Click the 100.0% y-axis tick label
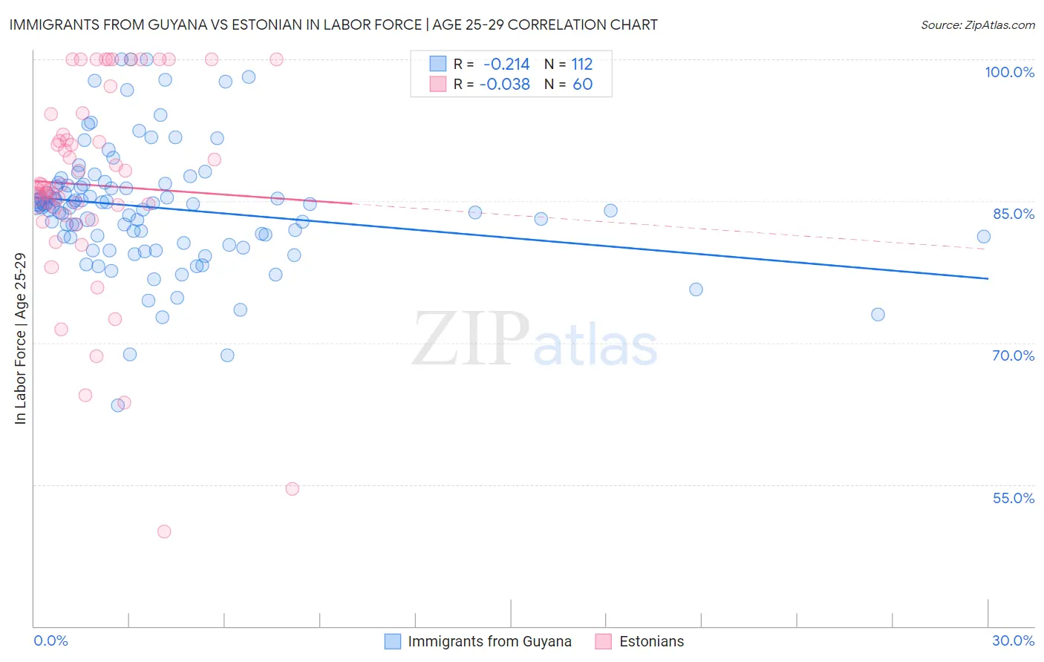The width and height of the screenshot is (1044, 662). (1009, 72)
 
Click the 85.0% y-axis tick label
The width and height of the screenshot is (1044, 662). (1014, 214)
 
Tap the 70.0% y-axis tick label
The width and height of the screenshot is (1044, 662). (1014, 355)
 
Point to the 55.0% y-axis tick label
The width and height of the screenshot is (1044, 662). (1014, 498)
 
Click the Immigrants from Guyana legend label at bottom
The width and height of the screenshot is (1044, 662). (489, 642)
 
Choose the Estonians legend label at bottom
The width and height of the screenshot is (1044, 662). (651, 642)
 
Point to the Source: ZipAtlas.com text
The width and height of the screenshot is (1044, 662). (977, 25)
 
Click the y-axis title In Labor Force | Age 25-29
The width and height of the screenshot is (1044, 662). (20, 338)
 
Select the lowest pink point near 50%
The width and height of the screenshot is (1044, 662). (164, 531)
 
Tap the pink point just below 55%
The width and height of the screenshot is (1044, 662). (293, 489)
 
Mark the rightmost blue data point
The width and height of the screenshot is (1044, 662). (984, 237)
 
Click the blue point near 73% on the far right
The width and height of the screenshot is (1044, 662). (878, 315)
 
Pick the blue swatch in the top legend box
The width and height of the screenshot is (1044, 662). (438, 65)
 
